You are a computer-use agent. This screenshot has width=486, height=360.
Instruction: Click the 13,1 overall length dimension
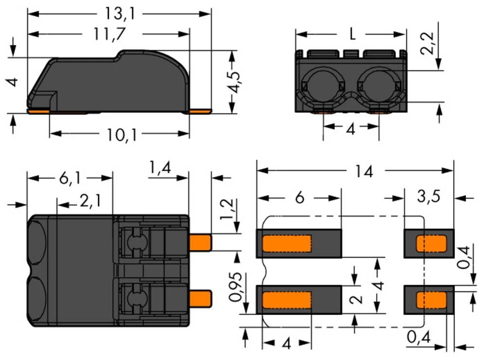[120, 13]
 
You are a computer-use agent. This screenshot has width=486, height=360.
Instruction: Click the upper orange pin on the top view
[200, 242]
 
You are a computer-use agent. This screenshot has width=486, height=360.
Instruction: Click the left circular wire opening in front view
[323, 86]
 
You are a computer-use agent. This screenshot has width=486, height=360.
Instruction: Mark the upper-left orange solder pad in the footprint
[287, 244]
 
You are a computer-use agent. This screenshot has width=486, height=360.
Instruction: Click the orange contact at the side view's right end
[200, 111]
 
